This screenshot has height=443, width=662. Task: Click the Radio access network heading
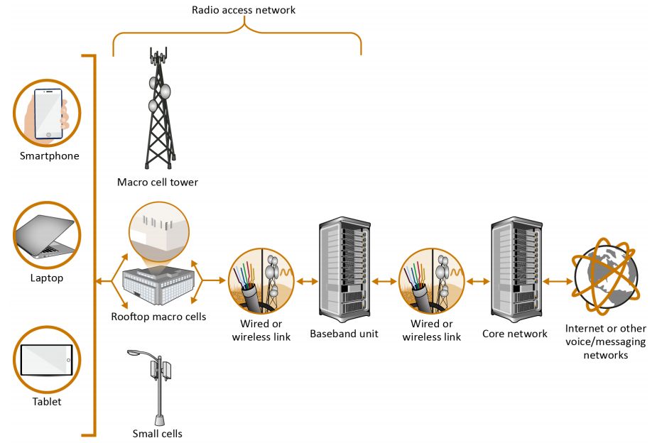244,11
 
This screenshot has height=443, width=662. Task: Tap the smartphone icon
48,113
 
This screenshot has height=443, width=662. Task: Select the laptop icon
48,235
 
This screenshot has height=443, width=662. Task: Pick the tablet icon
48,359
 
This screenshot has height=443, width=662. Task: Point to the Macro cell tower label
158,182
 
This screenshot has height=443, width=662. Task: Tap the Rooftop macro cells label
159,317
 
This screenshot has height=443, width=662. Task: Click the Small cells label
157,433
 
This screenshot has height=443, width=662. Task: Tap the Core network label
515,333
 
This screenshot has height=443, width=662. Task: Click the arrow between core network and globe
557,282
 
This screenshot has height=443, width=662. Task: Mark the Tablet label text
47,402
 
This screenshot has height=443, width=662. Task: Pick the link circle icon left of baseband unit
261,281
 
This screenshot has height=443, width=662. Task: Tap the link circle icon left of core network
431,281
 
